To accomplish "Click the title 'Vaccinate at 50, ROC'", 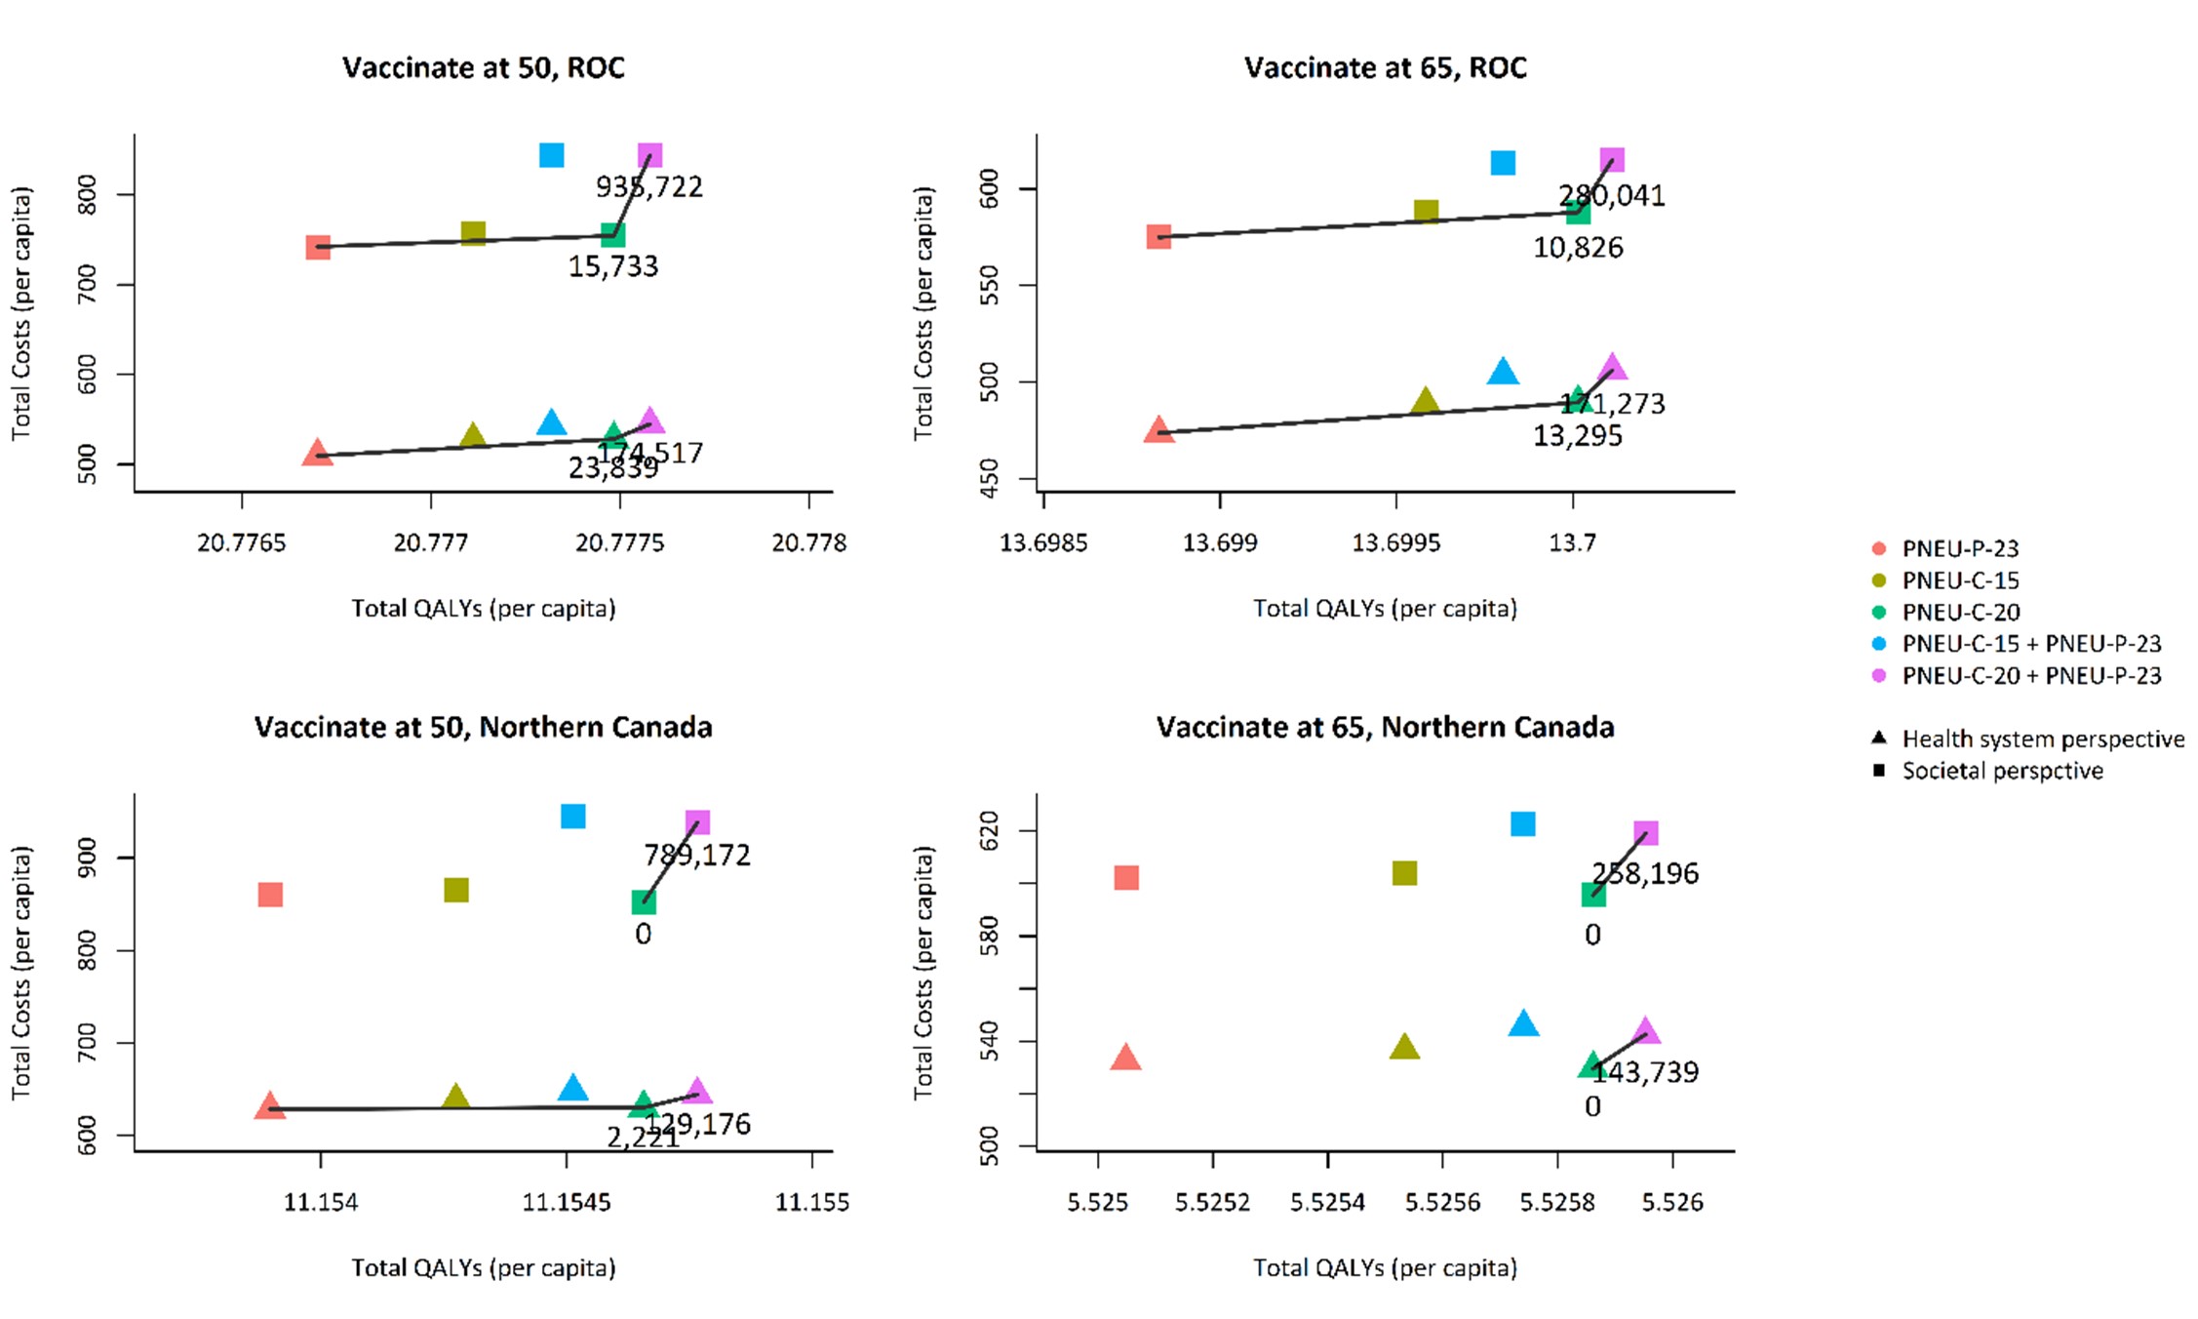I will pyautogui.click(x=483, y=67).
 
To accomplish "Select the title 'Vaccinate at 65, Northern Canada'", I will pyautogui.click(x=1385, y=727).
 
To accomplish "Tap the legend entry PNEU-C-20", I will pyautogui.click(x=1960, y=612).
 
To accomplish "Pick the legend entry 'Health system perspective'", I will pyautogui.click(x=2042, y=739).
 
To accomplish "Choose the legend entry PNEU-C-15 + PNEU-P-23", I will pyautogui.click(x=2030, y=644).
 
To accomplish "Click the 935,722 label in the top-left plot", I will pyautogui.click(x=649, y=186).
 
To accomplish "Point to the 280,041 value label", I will pyautogui.click(x=1611, y=195).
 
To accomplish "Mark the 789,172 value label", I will pyautogui.click(x=696, y=855).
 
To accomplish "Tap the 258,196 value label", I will pyautogui.click(x=1645, y=873).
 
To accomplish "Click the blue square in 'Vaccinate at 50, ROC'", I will pyautogui.click(x=551, y=155).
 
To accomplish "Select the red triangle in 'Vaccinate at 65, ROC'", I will pyautogui.click(x=1158, y=430).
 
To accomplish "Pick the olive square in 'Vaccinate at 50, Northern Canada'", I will pyautogui.click(x=456, y=890).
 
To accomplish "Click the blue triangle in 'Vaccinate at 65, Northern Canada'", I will pyautogui.click(x=1523, y=1023).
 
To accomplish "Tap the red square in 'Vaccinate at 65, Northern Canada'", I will pyautogui.click(x=1126, y=877).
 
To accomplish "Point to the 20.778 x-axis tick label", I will pyautogui.click(x=808, y=542).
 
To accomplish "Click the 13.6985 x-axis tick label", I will pyautogui.click(x=1043, y=542).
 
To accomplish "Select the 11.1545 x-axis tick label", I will pyautogui.click(x=567, y=1202).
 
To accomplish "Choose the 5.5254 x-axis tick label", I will pyautogui.click(x=1327, y=1202).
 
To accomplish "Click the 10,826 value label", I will pyautogui.click(x=1578, y=248).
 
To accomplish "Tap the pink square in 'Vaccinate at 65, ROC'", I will pyautogui.click(x=1612, y=160).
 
